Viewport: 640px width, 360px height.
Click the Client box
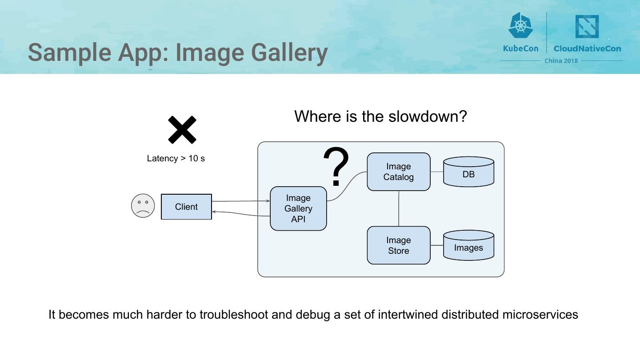[x=186, y=207]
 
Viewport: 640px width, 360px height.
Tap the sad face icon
[x=143, y=206]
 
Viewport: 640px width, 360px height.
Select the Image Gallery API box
[x=298, y=208]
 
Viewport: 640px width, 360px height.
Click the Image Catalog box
[x=398, y=172]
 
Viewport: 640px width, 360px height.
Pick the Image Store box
[x=398, y=245]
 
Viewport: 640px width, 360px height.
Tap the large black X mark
[x=182, y=130]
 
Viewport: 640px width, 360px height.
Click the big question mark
[x=336, y=167]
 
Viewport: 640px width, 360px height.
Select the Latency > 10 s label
[x=176, y=159]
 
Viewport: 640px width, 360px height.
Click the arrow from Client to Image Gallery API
[x=240, y=201]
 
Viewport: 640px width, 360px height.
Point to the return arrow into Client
[x=240, y=214]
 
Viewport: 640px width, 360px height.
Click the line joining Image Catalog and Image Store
[x=399, y=208]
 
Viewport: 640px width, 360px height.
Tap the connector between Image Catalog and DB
[x=436, y=172]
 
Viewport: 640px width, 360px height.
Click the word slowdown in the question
[x=428, y=116]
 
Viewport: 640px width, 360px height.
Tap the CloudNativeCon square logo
[x=587, y=27]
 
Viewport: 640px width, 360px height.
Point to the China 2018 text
[x=561, y=61]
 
